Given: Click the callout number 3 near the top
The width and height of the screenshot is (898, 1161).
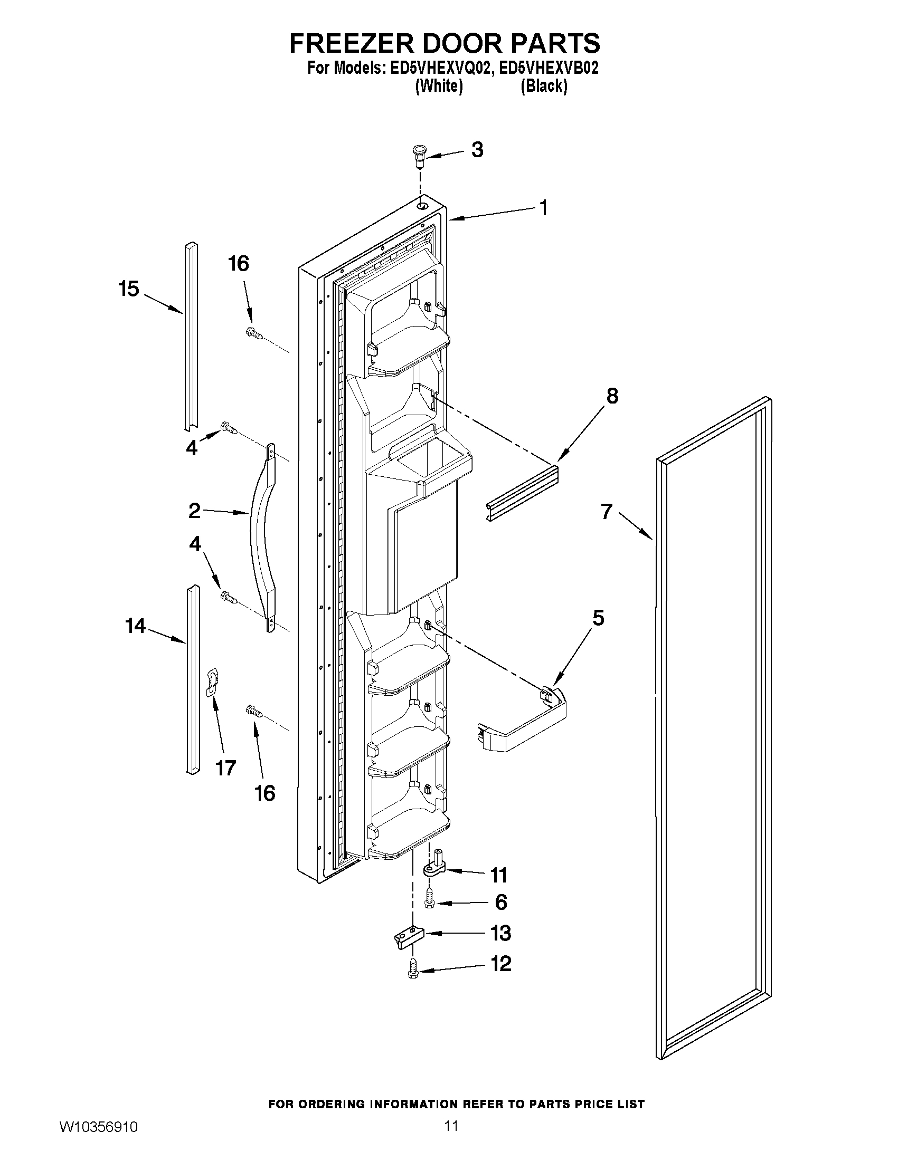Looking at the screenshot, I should [x=477, y=150].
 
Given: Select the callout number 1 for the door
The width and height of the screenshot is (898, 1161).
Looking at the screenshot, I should [x=543, y=208].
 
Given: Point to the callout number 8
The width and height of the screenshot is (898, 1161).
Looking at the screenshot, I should [x=612, y=396].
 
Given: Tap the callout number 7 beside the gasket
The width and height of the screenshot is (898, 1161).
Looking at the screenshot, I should [x=607, y=511].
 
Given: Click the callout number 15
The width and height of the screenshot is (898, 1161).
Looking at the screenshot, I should [x=129, y=289].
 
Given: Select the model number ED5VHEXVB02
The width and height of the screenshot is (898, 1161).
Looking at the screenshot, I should [x=549, y=69].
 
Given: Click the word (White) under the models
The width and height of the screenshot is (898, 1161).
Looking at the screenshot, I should [x=438, y=86].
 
